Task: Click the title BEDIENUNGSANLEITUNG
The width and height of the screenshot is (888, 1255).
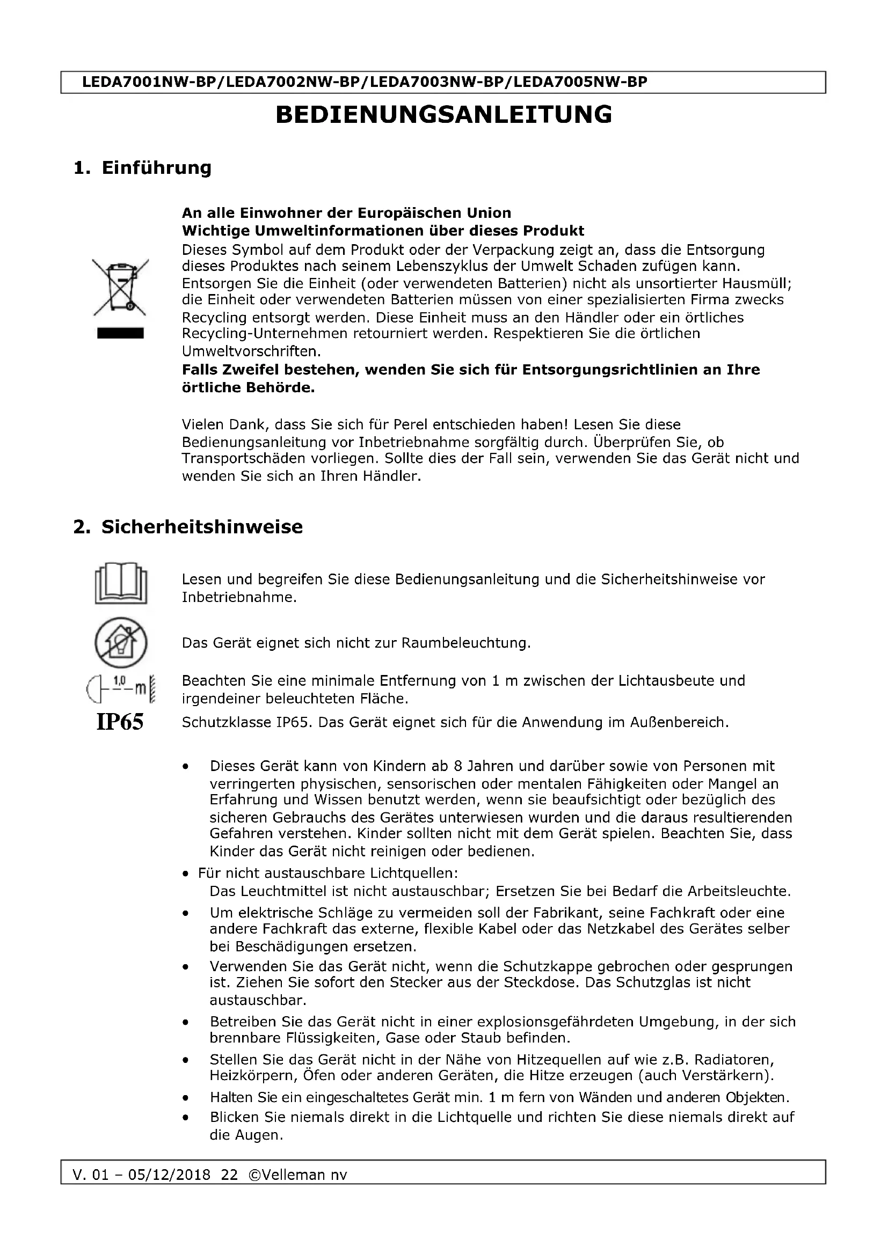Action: coord(443,115)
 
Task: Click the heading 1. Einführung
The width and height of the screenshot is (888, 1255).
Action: coord(142,168)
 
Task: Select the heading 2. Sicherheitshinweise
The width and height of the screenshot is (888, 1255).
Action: coord(187,527)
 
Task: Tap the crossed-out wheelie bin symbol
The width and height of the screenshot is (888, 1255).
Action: coord(120,288)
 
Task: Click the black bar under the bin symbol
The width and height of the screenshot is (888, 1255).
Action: coord(120,333)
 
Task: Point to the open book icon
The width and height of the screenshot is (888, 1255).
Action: coord(121,584)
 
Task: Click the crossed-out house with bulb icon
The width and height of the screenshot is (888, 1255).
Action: coord(121,642)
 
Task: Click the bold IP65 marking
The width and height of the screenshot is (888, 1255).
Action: coord(120,722)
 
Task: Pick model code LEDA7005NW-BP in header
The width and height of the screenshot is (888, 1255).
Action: coord(581,82)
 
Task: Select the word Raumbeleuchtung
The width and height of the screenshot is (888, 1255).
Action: coord(465,643)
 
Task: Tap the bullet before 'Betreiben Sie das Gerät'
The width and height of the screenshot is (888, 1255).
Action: coord(186,1022)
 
